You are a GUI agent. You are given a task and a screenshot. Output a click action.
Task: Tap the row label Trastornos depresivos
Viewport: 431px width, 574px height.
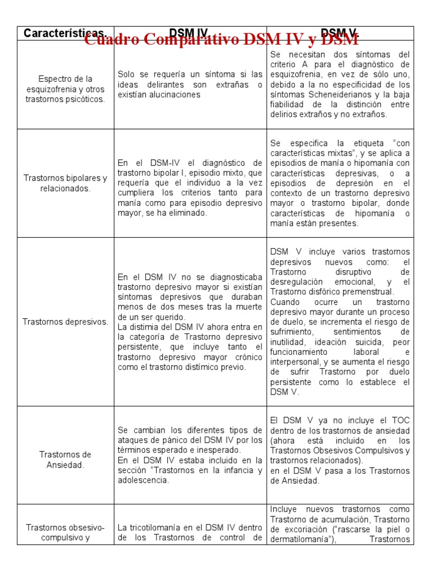point(65,322)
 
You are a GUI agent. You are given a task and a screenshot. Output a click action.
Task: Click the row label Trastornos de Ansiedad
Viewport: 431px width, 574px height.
point(65,460)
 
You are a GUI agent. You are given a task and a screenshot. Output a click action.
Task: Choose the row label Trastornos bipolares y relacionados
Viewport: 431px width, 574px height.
point(65,183)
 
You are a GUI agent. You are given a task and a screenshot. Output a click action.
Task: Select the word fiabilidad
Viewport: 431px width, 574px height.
point(288,104)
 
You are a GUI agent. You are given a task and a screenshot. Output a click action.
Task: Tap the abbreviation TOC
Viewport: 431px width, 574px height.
point(401,420)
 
